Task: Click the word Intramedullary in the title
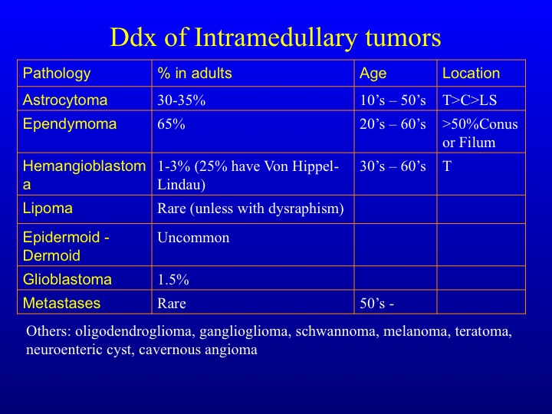click(x=275, y=38)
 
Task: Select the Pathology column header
click(x=57, y=74)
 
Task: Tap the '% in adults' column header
click(x=195, y=74)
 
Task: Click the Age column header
click(x=373, y=74)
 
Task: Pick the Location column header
click(x=471, y=74)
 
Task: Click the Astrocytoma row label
click(x=65, y=100)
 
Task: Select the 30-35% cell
click(x=181, y=100)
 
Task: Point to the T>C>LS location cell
click(x=470, y=100)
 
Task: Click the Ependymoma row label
click(x=70, y=125)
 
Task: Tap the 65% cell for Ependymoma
click(x=171, y=124)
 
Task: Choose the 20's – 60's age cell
click(x=393, y=124)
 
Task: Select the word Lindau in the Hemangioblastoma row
click(x=181, y=185)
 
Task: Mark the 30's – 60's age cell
click(x=393, y=166)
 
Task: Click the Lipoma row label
click(x=48, y=209)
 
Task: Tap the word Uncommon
click(x=193, y=238)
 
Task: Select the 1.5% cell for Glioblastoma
click(x=172, y=280)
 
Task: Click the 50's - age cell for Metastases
click(x=376, y=304)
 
